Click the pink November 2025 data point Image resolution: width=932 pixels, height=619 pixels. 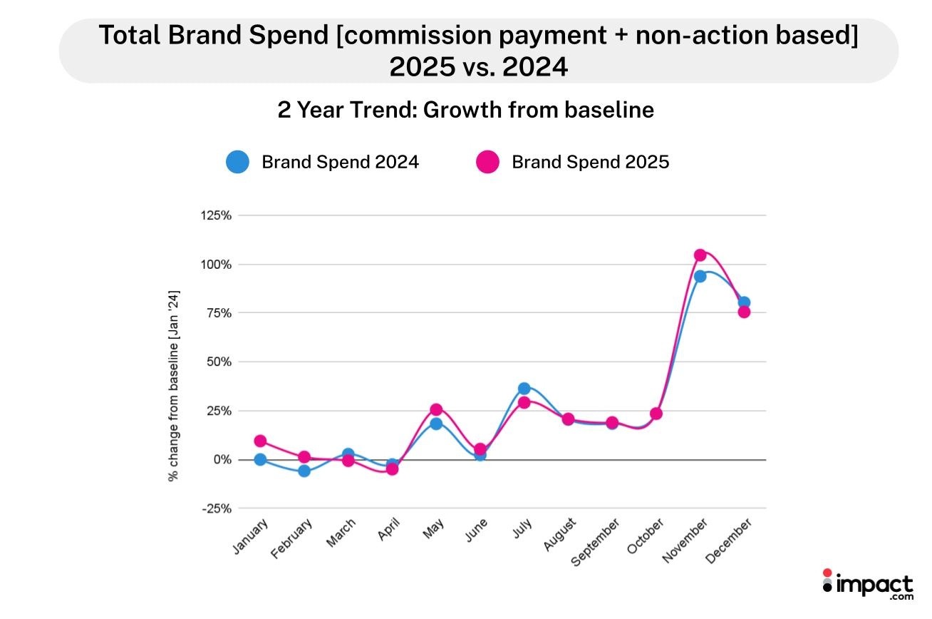700,255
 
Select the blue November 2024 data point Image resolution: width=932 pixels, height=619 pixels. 700,276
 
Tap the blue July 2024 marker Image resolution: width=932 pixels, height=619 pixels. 524,389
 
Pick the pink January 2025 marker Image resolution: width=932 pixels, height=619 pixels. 260,441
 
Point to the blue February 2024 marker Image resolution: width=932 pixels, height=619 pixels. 304,471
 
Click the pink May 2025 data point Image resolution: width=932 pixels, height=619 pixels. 436,409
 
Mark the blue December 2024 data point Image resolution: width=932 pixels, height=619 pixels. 744,302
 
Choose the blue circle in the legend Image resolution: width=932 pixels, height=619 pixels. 237,162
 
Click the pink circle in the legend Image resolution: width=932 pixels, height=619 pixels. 487,162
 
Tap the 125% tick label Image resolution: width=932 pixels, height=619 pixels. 217,215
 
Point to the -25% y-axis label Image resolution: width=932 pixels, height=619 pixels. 217,508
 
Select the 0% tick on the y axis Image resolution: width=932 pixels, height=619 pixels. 222,460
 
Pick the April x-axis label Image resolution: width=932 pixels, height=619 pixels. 389,531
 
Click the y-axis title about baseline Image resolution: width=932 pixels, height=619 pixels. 173,385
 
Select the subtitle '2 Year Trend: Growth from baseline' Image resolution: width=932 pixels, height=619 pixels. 466,111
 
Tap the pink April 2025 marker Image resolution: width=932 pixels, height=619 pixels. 392,469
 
